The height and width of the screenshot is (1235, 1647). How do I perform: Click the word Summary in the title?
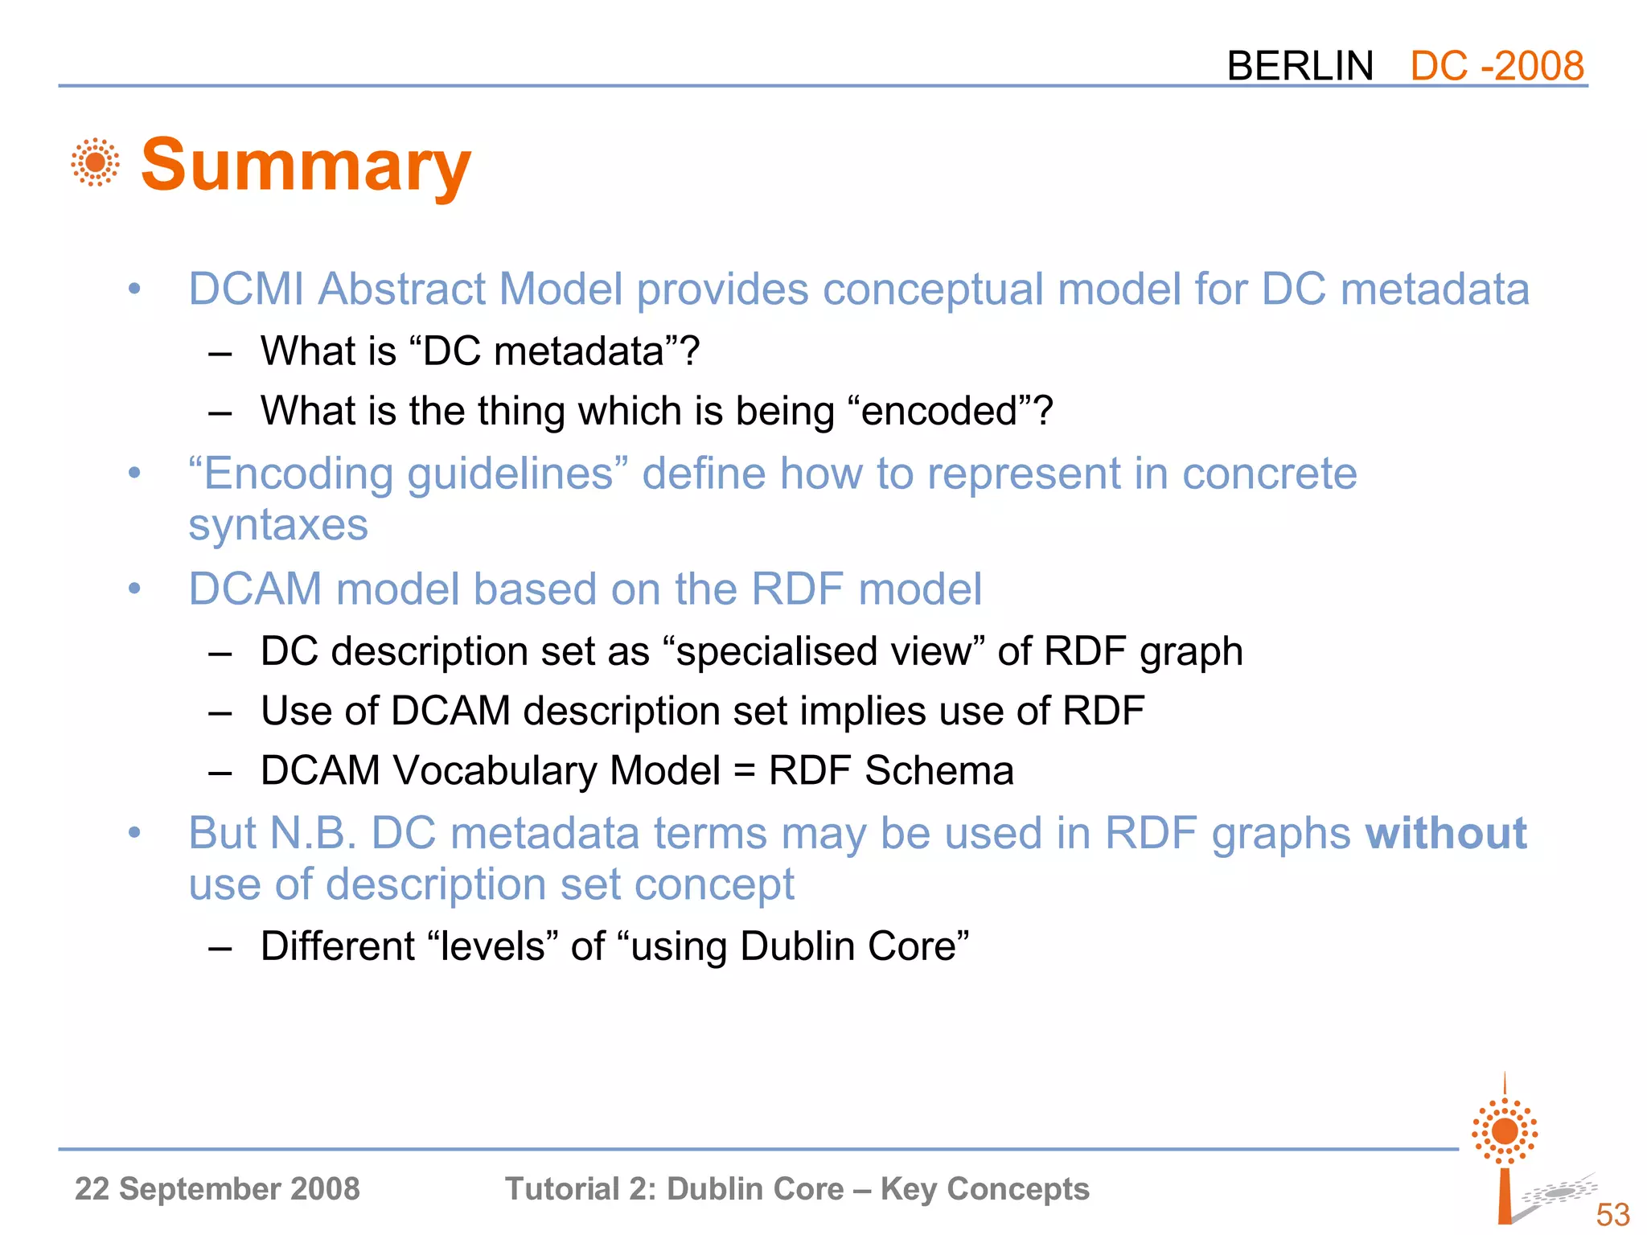(x=306, y=165)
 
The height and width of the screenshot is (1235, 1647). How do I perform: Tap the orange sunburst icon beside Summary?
(x=95, y=162)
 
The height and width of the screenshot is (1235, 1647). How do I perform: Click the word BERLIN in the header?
(x=1300, y=66)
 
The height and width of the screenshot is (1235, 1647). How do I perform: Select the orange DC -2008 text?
(x=1497, y=66)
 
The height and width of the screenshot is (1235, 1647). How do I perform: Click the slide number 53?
(x=1612, y=1214)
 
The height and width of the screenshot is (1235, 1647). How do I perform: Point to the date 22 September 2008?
(x=217, y=1188)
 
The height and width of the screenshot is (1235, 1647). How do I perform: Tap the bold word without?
(x=1445, y=833)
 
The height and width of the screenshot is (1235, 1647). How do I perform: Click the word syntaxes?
(x=278, y=526)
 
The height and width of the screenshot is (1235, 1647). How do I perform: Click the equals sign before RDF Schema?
(x=745, y=771)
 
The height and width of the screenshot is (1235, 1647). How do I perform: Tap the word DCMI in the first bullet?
(x=246, y=289)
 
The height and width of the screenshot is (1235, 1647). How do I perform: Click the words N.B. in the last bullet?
(x=313, y=833)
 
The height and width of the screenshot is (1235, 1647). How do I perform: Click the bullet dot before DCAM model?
(x=134, y=589)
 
